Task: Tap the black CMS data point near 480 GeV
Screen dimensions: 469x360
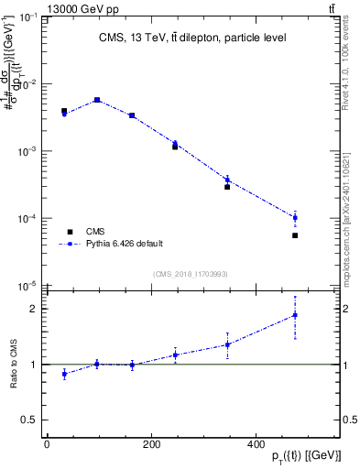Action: pyautogui.click(x=295, y=235)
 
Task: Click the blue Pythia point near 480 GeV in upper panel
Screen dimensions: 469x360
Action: pyautogui.click(x=295, y=217)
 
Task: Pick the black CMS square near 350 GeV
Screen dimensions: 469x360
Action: pyautogui.click(x=227, y=187)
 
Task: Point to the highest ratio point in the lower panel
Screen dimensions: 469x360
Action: pyautogui.click(x=295, y=315)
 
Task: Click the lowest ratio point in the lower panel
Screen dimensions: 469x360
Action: pyautogui.click(x=64, y=374)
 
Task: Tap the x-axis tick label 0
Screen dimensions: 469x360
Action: pyautogui.click(x=47, y=444)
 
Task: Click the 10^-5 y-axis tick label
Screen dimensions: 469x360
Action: pyautogui.click(x=27, y=286)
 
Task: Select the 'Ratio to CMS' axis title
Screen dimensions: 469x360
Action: pyautogui.click(x=14, y=365)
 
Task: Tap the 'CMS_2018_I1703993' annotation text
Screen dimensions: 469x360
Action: pyautogui.click(x=190, y=274)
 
